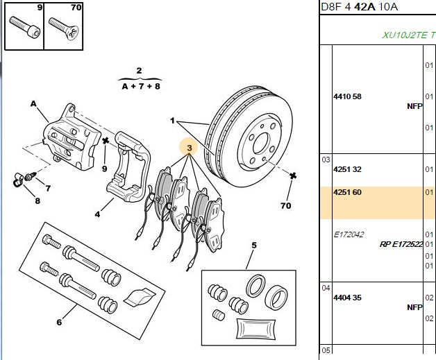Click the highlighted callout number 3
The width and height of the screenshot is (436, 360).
(x=190, y=148)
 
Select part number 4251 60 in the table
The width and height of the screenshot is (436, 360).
(x=347, y=192)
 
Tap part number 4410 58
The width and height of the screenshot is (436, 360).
(x=347, y=96)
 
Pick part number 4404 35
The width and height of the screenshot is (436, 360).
(x=347, y=298)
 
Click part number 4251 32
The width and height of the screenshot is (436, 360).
(x=347, y=169)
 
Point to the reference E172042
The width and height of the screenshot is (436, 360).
(x=349, y=234)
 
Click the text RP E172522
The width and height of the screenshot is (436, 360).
(x=401, y=244)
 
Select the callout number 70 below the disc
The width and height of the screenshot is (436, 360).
(x=286, y=206)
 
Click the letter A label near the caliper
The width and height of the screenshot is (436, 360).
(x=33, y=104)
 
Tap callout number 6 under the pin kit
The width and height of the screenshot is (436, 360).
(x=59, y=323)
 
